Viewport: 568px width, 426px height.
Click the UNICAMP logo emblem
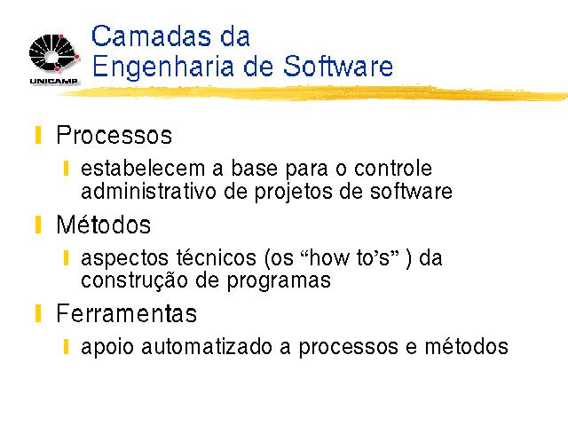pyautogui.click(x=54, y=53)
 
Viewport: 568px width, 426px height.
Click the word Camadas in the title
pyautogui.click(x=151, y=35)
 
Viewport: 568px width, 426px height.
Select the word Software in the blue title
pyautogui.click(x=338, y=66)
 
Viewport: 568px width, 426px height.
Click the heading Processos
pyautogui.click(x=114, y=135)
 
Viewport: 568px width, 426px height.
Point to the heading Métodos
pyautogui.click(x=104, y=225)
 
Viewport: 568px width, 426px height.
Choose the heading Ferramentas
pyautogui.click(x=127, y=313)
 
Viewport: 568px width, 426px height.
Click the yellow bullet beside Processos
pyautogui.click(x=38, y=135)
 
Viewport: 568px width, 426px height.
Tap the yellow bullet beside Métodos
pyautogui.click(x=38, y=225)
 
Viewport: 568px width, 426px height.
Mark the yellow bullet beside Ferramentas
pyautogui.click(x=38, y=313)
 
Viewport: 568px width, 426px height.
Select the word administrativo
pyautogui.click(x=148, y=191)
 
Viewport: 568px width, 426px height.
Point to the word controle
pyautogui.click(x=393, y=168)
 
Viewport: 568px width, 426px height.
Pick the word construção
pyautogui.click(x=134, y=280)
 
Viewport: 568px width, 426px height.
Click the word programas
pyautogui.click(x=279, y=281)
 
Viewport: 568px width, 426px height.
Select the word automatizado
pyautogui.click(x=207, y=347)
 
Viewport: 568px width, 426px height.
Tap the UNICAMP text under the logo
pyautogui.click(x=54, y=81)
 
